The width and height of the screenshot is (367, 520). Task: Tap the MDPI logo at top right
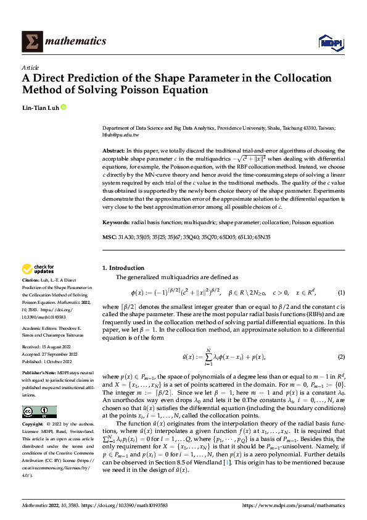point(330,41)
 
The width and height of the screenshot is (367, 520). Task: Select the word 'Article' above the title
point(30,67)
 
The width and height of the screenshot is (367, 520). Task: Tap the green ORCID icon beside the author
point(63,107)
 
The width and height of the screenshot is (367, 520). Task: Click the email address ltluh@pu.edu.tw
point(120,135)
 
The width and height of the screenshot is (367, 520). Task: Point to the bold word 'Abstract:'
point(113,151)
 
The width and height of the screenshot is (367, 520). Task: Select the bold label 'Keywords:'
point(116,222)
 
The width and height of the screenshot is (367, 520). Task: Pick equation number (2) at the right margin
point(340,357)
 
